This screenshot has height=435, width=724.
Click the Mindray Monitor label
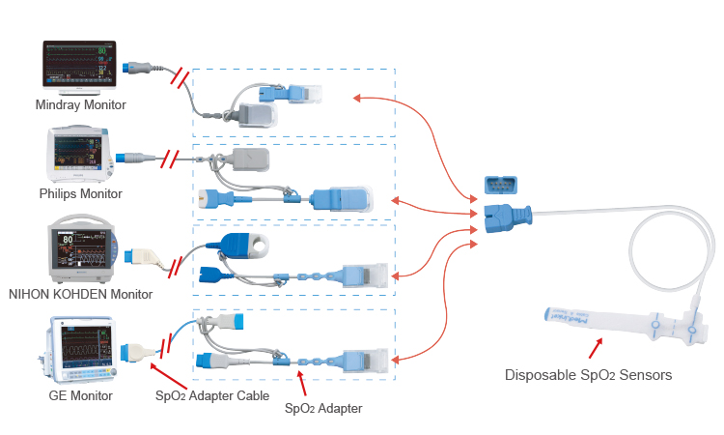coord(80,104)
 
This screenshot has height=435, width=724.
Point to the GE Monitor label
coord(80,395)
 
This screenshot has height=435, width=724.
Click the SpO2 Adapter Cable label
coord(212,395)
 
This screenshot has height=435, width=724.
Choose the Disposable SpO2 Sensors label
coord(589,374)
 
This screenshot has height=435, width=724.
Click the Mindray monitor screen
coord(80,65)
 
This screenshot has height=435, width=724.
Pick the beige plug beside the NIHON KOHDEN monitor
coord(142,255)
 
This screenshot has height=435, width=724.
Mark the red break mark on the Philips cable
coord(171,159)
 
